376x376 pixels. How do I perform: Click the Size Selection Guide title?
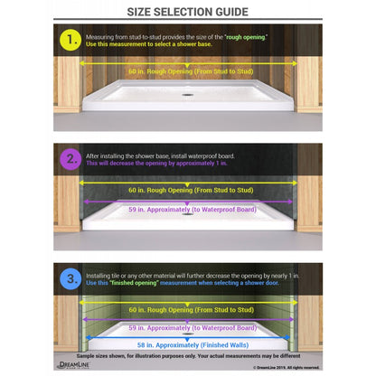pyautogui.click(x=188, y=12)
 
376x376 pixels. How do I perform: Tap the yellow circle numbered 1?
pyautogui.click(x=70, y=41)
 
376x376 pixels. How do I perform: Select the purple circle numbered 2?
pyautogui.click(x=70, y=159)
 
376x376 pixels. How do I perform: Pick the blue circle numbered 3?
pyautogui.click(x=70, y=277)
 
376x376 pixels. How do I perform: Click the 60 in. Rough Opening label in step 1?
pyautogui.click(x=187, y=70)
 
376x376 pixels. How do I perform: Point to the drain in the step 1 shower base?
pyautogui.click(x=187, y=93)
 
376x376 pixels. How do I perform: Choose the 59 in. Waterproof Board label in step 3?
pyautogui.click(x=187, y=327)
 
